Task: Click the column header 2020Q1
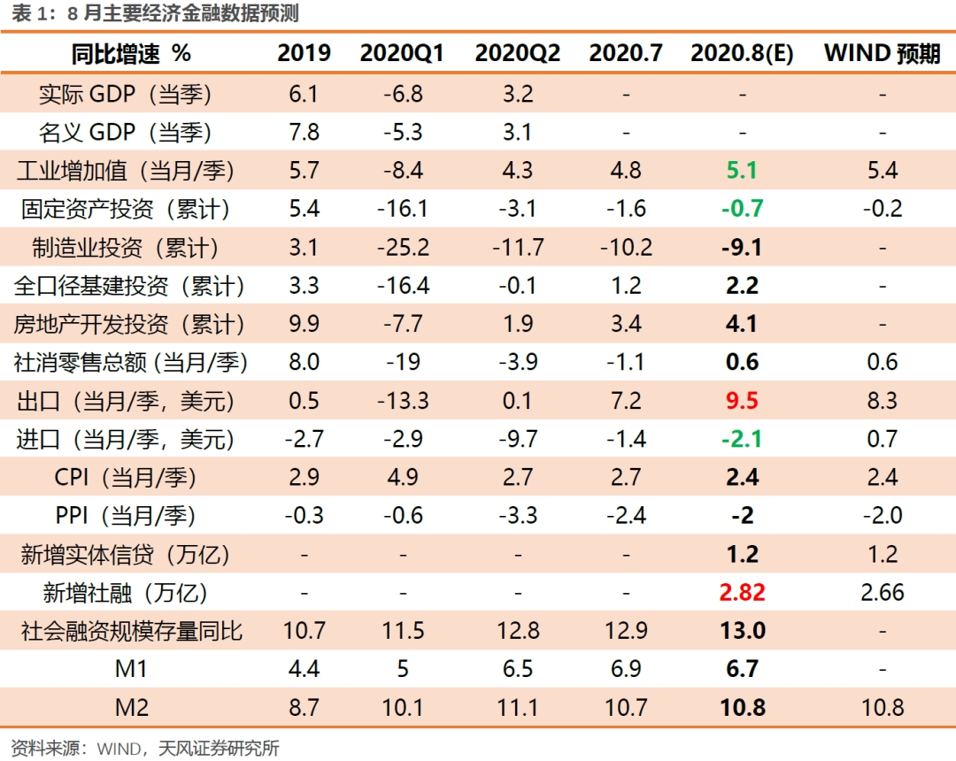(403, 54)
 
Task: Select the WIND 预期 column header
(882, 54)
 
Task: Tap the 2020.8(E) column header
(742, 54)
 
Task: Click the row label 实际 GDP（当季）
(127, 94)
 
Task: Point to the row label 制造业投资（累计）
(127, 248)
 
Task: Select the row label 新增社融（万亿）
(127, 593)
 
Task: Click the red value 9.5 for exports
(742, 401)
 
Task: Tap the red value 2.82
(742, 593)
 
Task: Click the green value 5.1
(742, 170)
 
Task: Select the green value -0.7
(742, 209)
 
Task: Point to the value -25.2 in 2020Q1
(403, 248)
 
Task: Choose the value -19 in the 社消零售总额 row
(403, 362)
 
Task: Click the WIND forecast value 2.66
(883, 593)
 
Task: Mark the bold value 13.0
(742, 631)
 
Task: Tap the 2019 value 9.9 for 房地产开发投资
(304, 324)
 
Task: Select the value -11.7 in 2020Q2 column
(518, 248)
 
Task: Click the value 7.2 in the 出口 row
(626, 401)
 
